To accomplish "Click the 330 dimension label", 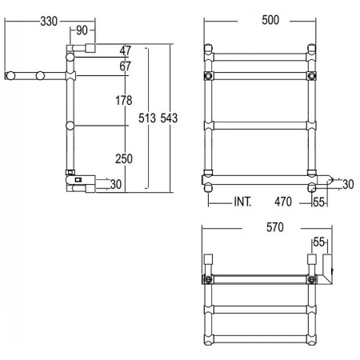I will point(50,21).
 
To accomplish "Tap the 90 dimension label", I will point(82,31).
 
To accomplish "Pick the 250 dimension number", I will point(123,159).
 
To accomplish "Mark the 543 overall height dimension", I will point(169,118).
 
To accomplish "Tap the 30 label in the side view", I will point(117,185).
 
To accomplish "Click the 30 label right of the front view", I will point(347,185).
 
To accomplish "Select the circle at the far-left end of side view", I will point(12,76).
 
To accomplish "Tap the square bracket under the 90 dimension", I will point(90,48).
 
